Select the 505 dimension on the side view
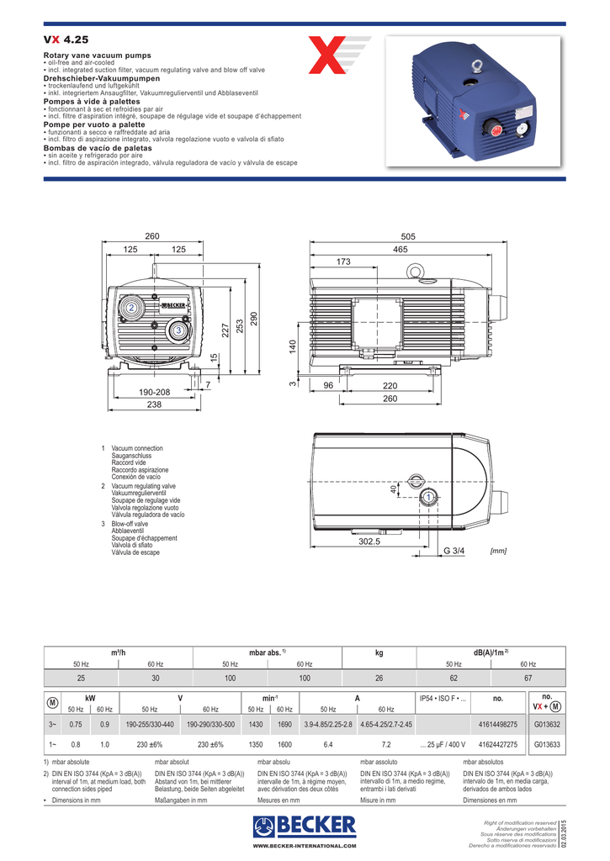click(x=409, y=236)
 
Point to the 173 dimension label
click(x=342, y=262)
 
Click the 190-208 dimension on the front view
click(x=154, y=393)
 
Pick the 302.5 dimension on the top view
click(x=369, y=542)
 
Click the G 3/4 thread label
click(x=454, y=550)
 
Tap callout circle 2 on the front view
click(x=132, y=309)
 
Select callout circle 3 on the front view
click(x=178, y=331)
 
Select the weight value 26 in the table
click(x=379, y=678)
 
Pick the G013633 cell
click(x=547, y=744)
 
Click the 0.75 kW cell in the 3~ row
click(x=76, y=724)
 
